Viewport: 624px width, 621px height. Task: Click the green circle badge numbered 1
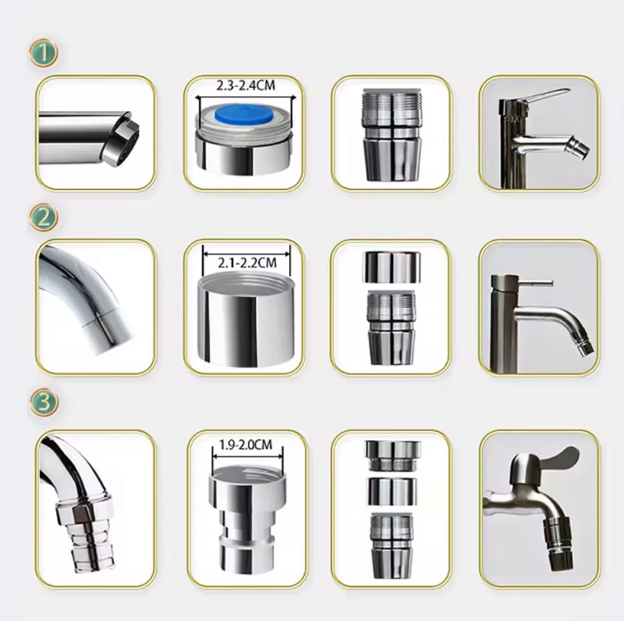coord(44,52)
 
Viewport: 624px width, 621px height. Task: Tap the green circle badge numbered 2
coord(44,217)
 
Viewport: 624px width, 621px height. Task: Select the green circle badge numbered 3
coord(44,402)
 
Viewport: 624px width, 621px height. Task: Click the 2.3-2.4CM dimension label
coord(246,85)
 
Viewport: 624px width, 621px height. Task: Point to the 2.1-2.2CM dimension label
coord(247,262)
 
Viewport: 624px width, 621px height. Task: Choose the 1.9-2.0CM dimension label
coord(246,444)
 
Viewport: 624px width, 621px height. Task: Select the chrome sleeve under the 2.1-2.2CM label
coord(245,318)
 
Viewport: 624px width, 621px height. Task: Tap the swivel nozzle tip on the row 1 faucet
coord(580,149)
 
